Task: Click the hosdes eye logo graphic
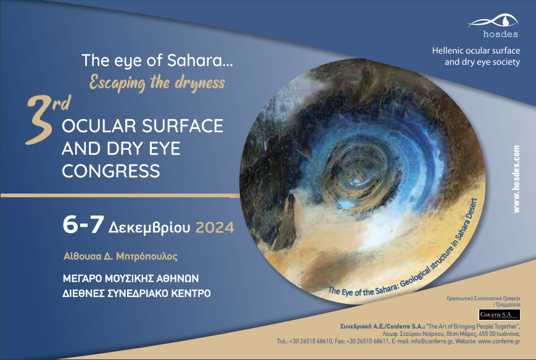[493, 21]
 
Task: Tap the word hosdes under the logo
[500, 34]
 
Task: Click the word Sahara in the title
[200, 60]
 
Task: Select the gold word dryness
[200, 83]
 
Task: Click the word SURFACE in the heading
[183, 126]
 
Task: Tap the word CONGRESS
[111, 171]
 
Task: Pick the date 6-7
[83, 224]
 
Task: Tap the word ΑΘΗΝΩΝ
[178, 279]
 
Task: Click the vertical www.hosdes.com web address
[516, 179]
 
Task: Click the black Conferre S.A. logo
[500, 314]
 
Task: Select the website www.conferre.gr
[499, 342]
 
